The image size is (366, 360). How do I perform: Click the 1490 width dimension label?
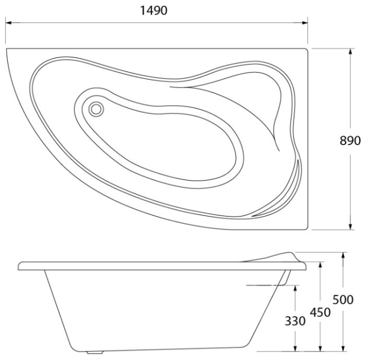point(154,11)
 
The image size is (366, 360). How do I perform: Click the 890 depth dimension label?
point(350,141)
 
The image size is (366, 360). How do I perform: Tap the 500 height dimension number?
point(343,300)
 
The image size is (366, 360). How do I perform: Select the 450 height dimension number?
point(320,312)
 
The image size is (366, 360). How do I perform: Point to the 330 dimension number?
point(295,321)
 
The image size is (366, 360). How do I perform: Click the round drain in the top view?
point(96,109)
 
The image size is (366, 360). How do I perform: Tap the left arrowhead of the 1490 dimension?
point(8,23)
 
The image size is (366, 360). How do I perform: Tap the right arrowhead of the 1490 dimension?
point(305,23)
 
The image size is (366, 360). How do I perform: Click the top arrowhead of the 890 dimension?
point(350,52)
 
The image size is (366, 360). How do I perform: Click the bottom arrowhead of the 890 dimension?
point(350,227)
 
